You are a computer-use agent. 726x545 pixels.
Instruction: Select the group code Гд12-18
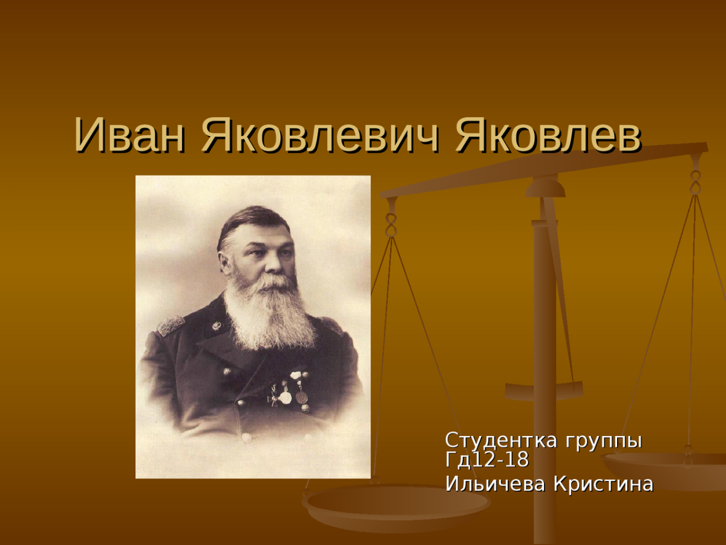coord(486,460)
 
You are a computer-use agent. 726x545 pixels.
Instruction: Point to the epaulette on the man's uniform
coord(171,325)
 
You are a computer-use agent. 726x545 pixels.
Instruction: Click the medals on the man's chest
coord(290,391)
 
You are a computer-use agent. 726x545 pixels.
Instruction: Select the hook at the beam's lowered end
coord(391,218)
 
